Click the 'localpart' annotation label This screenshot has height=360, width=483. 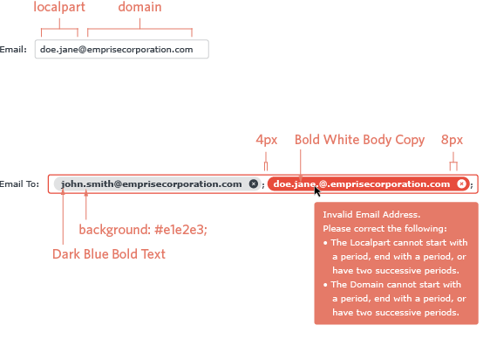(x=59, y=7)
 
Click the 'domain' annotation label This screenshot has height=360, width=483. (x=139, y=7)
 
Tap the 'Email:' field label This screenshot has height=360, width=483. (x=13, y=50)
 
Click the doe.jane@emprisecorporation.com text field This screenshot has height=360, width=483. (x=122, y=49)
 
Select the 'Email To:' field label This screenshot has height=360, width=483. (x=20, y=184)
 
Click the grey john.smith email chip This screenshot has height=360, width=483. (x=157, y=184)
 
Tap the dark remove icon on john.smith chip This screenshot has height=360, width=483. (x=254, y=184)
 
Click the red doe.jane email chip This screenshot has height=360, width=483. (x=369, y=184)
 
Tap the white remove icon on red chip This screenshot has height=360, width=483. (x=461, y=184)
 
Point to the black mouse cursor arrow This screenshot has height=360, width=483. (x=317, y=191)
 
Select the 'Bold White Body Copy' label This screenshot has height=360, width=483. (x=359, y=140)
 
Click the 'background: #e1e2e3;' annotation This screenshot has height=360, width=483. (x=143, y=230)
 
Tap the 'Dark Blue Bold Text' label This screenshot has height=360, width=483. (x=109, y=254)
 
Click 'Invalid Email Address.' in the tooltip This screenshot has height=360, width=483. (x=371, y=215)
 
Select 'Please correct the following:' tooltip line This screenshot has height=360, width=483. (x=384, y=228)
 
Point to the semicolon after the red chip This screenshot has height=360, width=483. (x=472, y=185)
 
